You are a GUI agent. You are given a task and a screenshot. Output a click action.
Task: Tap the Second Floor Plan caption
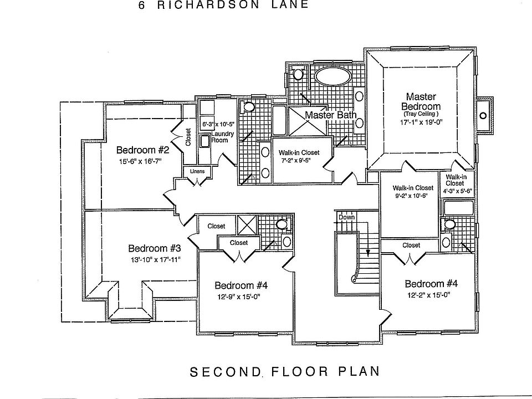point(285,371)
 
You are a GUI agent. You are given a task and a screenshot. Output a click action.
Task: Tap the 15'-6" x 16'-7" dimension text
point(143,162)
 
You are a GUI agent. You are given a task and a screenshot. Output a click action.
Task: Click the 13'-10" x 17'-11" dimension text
point(155,259)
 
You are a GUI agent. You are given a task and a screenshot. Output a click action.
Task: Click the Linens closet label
point(197,171)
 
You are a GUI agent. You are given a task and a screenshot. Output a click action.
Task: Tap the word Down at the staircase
point(346,217)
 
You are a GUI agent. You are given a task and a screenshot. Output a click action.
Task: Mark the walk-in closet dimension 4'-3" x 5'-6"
point(457,191)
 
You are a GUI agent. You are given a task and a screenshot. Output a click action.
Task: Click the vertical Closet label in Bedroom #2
point(188,137)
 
